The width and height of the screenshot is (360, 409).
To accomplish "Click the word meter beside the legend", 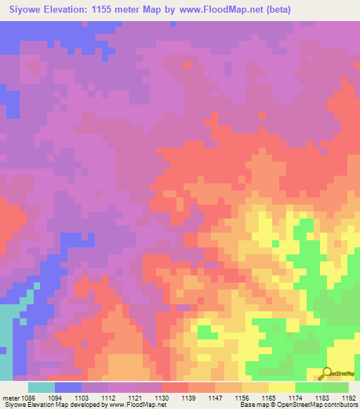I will (11, 397).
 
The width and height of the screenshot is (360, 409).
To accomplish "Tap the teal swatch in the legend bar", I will (41, 387).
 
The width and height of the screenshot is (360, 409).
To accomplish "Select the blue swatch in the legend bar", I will (68, 387).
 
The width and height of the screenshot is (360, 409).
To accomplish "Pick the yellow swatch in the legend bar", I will (282, 387).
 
